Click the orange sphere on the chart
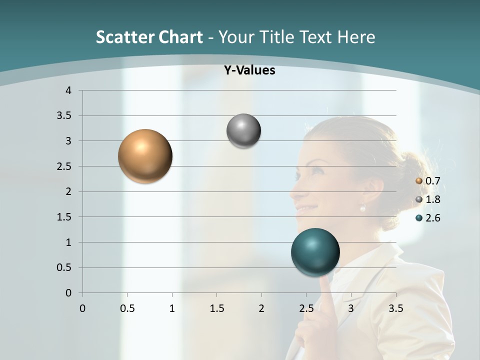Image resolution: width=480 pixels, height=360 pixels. pyautogui.click(x=145, y=156)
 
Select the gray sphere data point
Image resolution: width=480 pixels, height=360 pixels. pyautogui.click(x=243, y=131)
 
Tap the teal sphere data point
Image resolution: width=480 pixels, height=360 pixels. pyautogui.click(x=315, y=252)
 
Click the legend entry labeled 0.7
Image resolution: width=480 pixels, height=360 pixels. pyautogui.click(x=428, y=181)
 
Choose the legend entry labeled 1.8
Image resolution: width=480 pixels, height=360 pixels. pyautogui.click(x=428, y=199)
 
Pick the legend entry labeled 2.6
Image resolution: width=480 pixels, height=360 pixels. pyautogui.click(x=428, y=218)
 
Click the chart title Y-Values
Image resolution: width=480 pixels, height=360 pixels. pyautogui.click(x=249, y=70)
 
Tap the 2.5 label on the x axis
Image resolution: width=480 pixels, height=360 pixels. pyautogui.click(x=306, y=308)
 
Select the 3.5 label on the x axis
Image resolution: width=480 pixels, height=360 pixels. pyautogui.click(x=395, y=308)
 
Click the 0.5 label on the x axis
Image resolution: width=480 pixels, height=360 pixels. pyautogui.click(x=127, y=308)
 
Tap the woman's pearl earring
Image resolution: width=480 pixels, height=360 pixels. pyautogui.click(x=363, y=207)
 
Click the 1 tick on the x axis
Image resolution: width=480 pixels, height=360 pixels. pyautogui.click(x=172, y=308)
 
